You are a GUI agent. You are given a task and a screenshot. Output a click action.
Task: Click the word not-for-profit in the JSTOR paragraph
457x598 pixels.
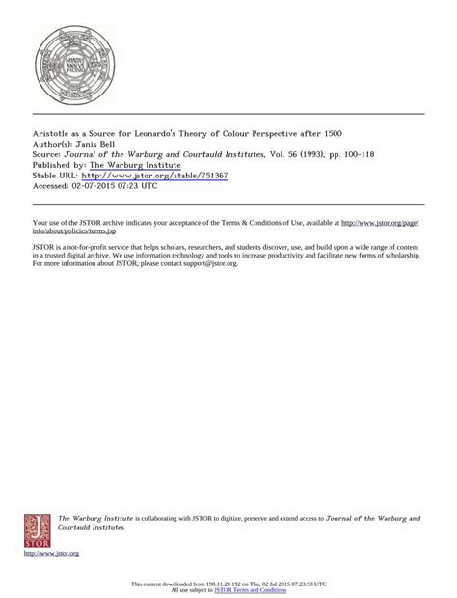94,247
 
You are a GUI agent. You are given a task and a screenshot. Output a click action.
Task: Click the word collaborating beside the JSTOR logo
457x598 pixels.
165,518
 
